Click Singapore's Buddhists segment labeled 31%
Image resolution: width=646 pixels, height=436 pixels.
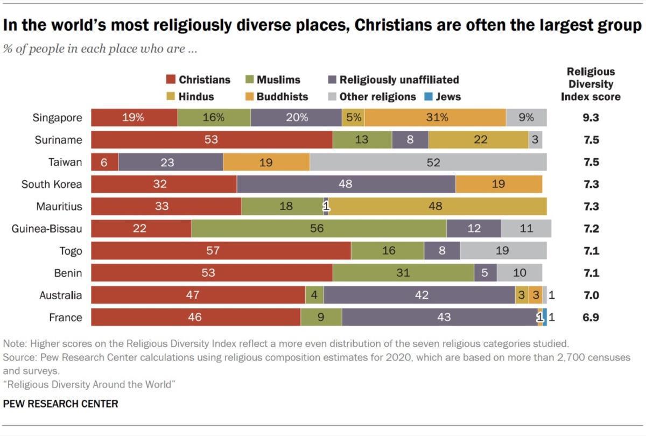coord(436,117)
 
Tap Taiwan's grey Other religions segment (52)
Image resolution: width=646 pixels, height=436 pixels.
coord(428,162)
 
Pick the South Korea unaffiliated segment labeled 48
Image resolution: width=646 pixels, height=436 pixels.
coord(346,184)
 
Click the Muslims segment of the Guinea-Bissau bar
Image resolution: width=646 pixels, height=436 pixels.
coord(318,228)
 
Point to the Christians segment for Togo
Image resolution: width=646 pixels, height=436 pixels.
coord(221,250)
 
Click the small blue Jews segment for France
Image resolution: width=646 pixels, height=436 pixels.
coord(545,317)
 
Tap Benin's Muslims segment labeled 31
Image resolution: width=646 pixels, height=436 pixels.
coord(403,272)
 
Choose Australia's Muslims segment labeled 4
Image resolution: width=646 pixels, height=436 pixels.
coord(314,295)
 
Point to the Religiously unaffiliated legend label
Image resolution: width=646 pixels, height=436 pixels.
coord(399,80)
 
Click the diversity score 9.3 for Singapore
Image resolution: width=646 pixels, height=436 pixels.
coord(591,117)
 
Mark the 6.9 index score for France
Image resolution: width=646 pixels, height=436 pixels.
coord(591,317)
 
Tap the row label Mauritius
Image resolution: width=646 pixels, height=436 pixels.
coord(59,206)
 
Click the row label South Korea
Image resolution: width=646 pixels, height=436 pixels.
coord(52,184)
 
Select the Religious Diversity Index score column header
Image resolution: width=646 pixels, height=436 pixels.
coord(591,84)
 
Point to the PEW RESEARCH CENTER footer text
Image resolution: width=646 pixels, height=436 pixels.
coord(60,403)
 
